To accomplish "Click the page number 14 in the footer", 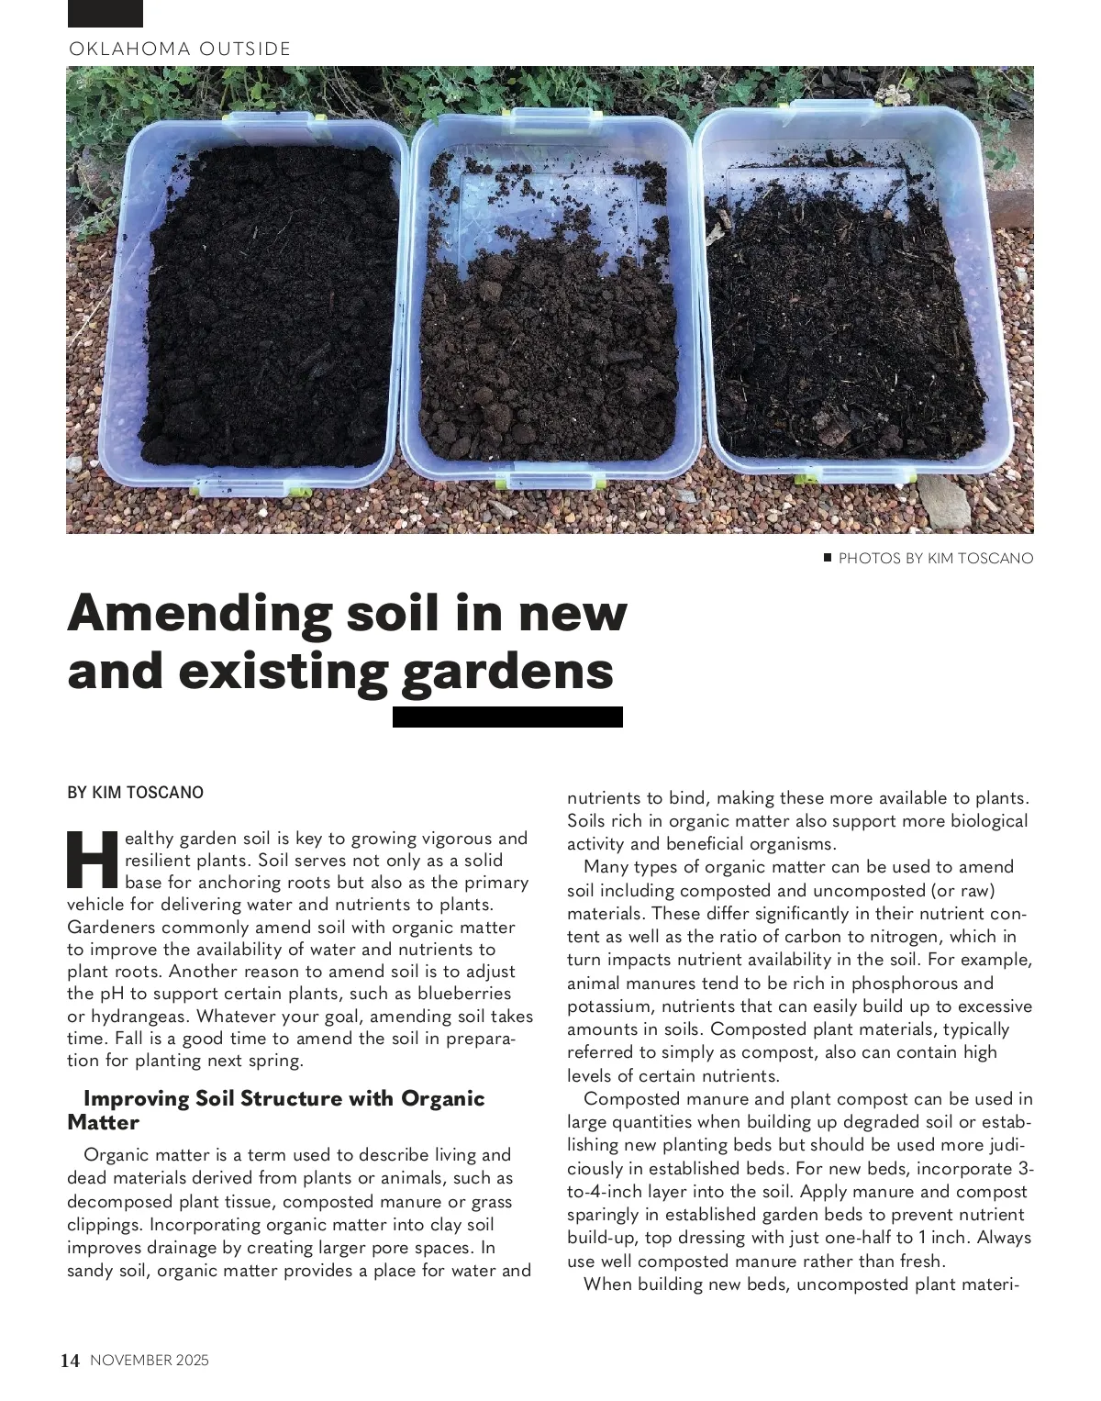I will pos(71,1361).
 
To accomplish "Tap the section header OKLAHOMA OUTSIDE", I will pos(180,49).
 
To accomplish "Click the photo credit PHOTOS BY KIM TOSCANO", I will pos(936,558).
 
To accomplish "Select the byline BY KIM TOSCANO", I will pos(136,792).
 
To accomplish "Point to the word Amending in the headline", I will pos(198,613).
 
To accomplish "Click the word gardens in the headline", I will pos(507,671).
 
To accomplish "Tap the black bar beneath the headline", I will pos(507,717).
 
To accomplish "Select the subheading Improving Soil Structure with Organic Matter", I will pos(275,1110).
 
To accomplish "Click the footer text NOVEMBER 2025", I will pos(150,1361).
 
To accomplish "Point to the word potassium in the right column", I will pos(609,1006).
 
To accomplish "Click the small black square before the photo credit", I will pos(828,557).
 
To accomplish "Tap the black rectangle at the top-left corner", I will pos(106,13).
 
